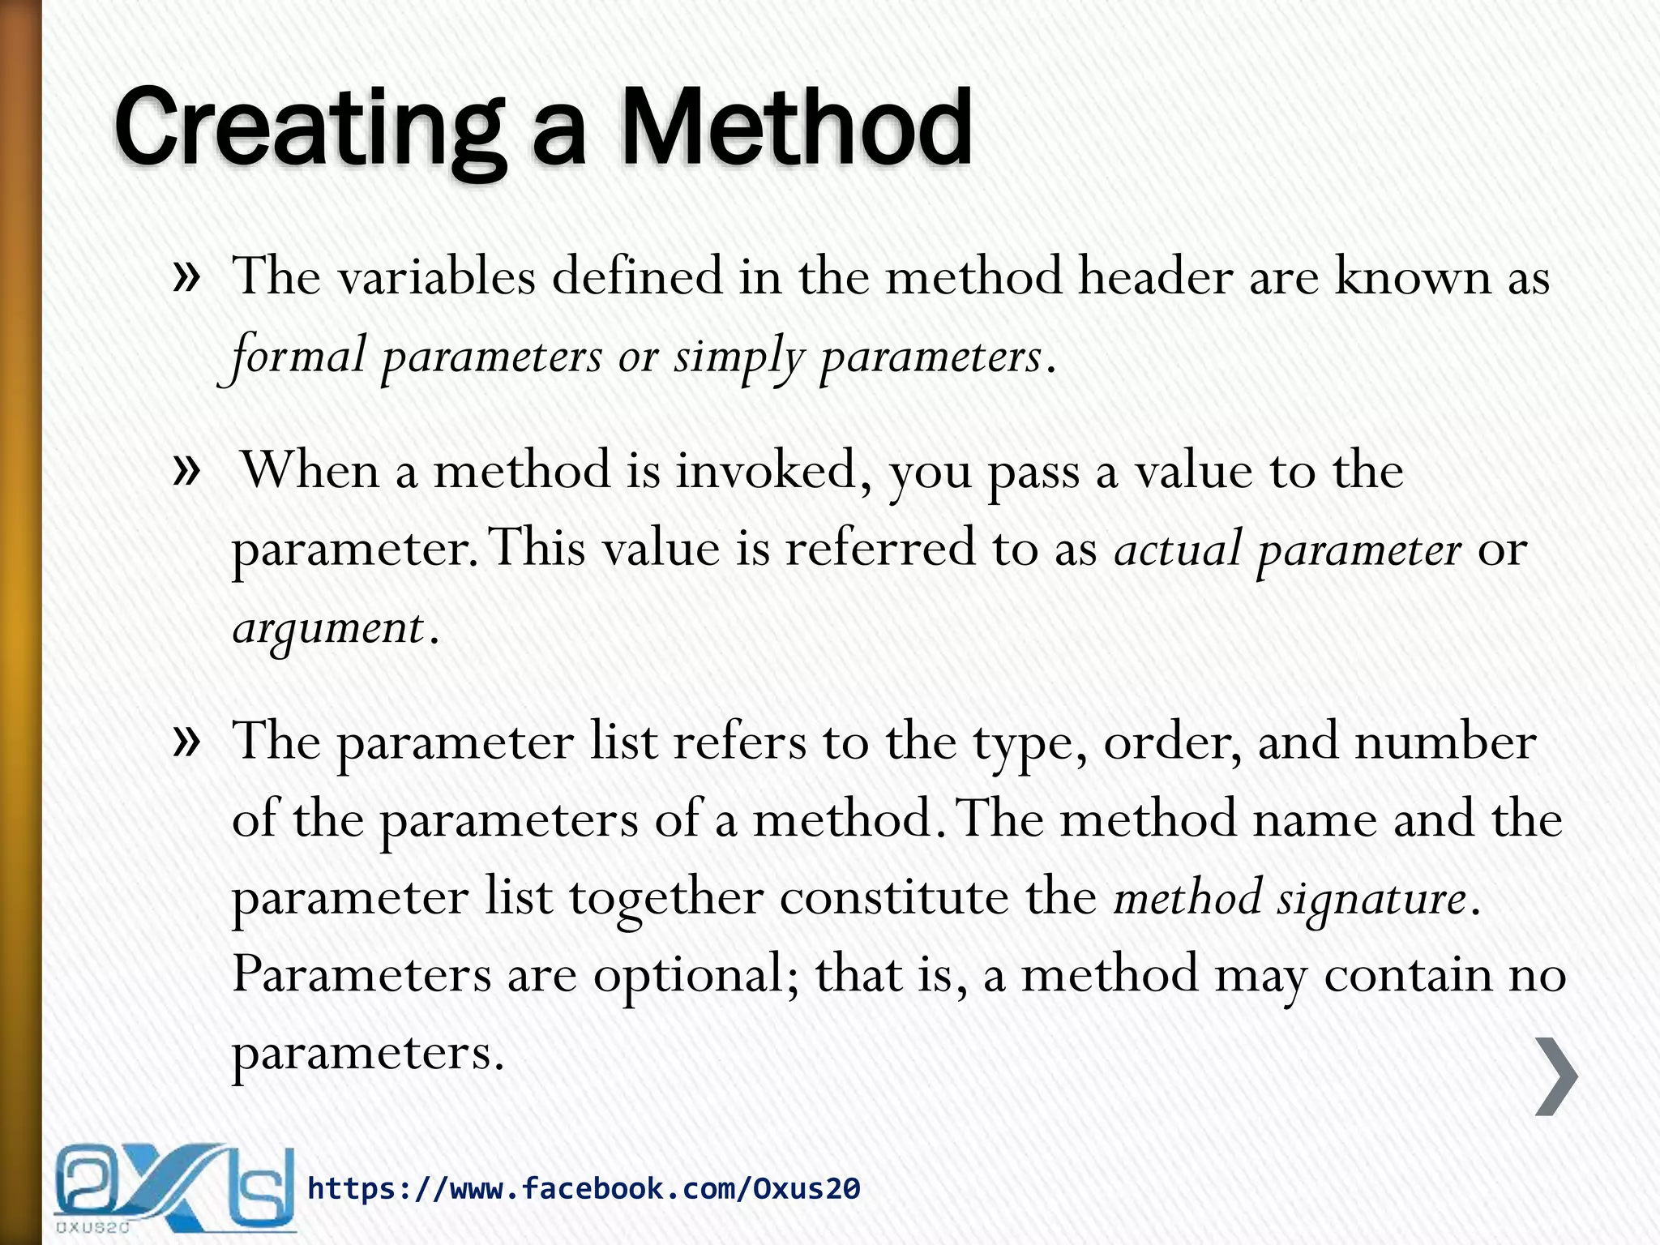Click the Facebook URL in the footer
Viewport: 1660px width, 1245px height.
pos(584,1188)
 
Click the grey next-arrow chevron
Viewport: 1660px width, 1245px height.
pos(1556,1076)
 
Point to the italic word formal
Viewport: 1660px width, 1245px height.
pos(297,357)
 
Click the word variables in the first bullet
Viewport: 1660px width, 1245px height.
pos(436,277)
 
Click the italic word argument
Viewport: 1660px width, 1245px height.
pos(327,629)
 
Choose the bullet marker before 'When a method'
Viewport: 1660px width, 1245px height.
pos(186,470)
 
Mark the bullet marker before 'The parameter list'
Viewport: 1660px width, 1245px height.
pos(186,741)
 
